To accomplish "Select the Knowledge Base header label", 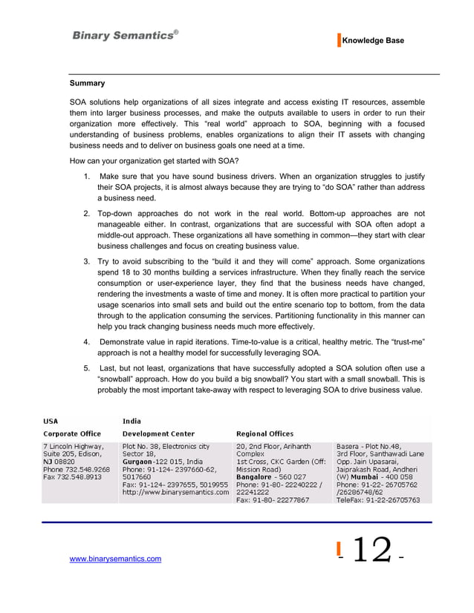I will [x=373, y=41].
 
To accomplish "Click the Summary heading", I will [x=87, y=83].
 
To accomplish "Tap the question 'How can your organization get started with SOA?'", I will [x=154, y=160].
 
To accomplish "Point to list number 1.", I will [x=87, y=176].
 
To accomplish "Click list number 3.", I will [x=87, y=262].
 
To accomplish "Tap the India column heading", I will [x=132, y=421].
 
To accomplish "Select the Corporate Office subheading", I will [x=72, y=433].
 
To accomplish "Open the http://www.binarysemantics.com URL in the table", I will [x=175, y=491].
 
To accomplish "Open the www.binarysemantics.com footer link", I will [x=115, y=558].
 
